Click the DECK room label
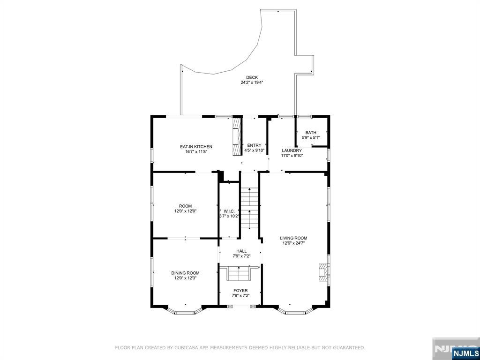click(x=252, y=77)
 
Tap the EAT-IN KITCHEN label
click(x=196, y=147)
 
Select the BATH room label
click(x=311, y=133)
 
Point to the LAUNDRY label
click(x=292, y=150)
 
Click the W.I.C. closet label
click(x=229, y=211)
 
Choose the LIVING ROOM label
click(x=293, y=238)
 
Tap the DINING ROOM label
click(x=185, y=273)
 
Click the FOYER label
click(x=240, y=291)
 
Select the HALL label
click(x=241, y=251)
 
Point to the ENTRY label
click(x=255, y=145)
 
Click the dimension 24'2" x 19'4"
click(x=252, y=82)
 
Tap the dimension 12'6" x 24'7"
click(x=293, y=243)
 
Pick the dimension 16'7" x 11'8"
click(x=196, y=151)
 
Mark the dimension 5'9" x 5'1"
click(x=311, y=137)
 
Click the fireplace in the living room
click(x=323, y=272)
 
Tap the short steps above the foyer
click(x=238, y=273)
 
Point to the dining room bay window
click(x=185, y=310)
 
